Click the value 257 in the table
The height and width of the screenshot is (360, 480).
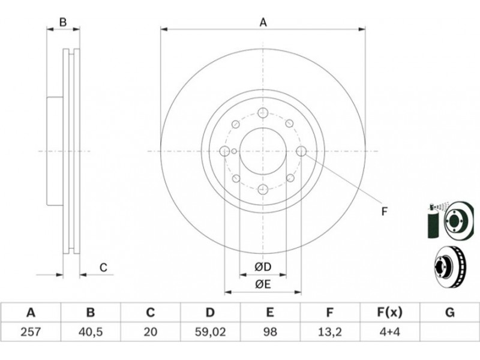point(31,332)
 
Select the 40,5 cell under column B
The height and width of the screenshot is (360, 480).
point(91,332)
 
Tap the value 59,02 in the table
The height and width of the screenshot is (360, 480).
point(211,332)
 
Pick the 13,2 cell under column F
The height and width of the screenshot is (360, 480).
point(329,332)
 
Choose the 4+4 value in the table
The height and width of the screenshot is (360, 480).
point(389,332)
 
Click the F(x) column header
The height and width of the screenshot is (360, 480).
point(389,313)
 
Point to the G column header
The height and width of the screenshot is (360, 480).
point(449,313)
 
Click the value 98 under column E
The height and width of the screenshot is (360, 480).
point(269,332)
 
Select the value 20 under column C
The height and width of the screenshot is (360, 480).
point(151,332)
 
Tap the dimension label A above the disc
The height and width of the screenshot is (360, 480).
point(263,22)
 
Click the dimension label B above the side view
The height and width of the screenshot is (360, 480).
point(63,22)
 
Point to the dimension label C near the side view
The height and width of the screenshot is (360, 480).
point(103,268)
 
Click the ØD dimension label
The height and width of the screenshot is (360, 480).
point(263,267)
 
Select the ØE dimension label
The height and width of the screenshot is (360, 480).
point(263,284)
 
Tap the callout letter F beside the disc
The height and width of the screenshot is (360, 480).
point(385,212)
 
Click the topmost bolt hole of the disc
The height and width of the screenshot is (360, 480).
point(263,113)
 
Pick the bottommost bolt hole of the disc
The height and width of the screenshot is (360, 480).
point(263,189)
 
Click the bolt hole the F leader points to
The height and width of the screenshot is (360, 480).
point(301,151)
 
